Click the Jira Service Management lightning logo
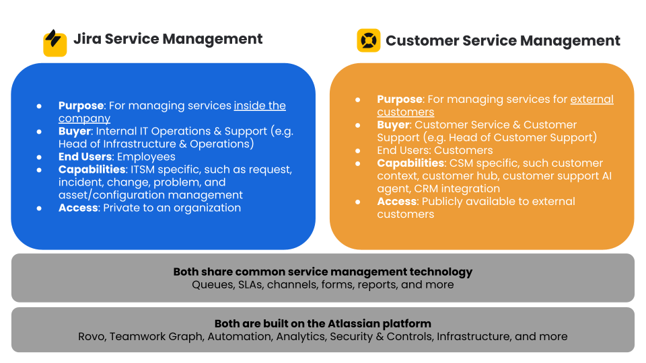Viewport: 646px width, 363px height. pyautogui.click(x=55, y=43)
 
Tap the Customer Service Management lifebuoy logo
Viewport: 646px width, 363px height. pyautogui.click(x=368, y=40)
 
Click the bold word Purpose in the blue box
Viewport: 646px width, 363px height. pyautogui.click(x=81, y=106)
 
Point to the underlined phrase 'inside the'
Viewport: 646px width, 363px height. pyautogui.click(x=260, y=106)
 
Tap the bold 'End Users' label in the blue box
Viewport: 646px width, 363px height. pyautogui.click(x=85, y=157)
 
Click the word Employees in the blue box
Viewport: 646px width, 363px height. pyautogui.click(x=146, y=157)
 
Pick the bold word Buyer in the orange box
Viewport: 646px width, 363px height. pyautogui.click(x=393, y=125)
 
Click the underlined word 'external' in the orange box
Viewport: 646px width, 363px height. pyautogui.click(x=592, y=99)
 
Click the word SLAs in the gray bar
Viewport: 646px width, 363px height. pyautogui.click(x=251, y=284)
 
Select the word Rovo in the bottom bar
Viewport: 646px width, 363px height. pyautogui.click(x=92, y=336)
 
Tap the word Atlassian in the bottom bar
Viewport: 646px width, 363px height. pyautogui.click(x=349, y=323)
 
